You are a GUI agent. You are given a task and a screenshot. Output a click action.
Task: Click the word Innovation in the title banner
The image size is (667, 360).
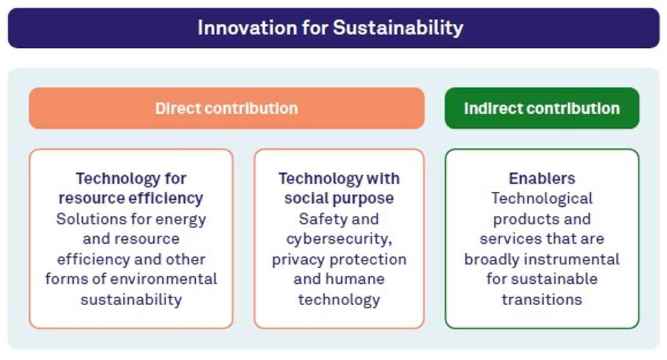(x=247, y=28)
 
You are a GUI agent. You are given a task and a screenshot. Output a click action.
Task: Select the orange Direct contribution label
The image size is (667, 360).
(x=226, y=109)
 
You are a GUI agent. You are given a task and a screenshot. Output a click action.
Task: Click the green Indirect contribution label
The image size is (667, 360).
(x=542, y=109)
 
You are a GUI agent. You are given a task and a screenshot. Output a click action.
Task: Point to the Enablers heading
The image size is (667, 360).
(x=542, y=178)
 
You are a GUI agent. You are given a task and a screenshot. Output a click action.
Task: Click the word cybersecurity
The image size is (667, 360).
(x=339, y=239)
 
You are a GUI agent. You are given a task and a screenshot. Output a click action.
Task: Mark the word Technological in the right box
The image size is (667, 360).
(x=542, y=198)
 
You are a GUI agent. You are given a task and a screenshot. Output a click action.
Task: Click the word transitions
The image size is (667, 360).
(x=542, y=300)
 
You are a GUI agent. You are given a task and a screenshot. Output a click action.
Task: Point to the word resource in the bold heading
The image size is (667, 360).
(x=92, y=198)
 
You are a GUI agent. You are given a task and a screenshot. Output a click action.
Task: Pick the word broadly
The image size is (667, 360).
(x=492, y=260)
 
